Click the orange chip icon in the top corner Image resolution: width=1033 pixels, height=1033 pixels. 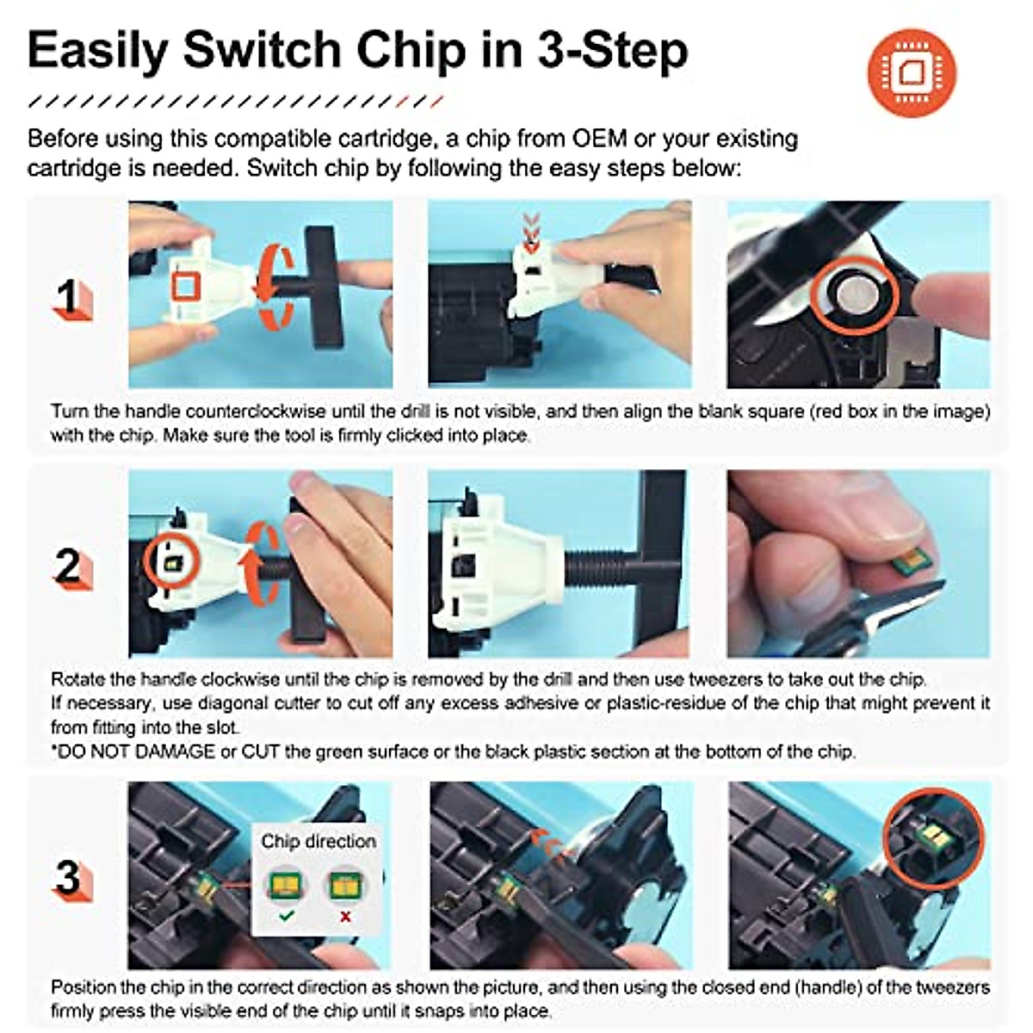[912, 72]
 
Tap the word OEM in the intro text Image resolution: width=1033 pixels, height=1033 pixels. [599, 139]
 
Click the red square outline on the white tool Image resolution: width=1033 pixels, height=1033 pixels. [186, 288]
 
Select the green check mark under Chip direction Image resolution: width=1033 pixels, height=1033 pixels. [287, 916]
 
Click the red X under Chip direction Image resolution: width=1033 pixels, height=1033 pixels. [345, 917]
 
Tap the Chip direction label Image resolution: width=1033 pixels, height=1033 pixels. [319, 841]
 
